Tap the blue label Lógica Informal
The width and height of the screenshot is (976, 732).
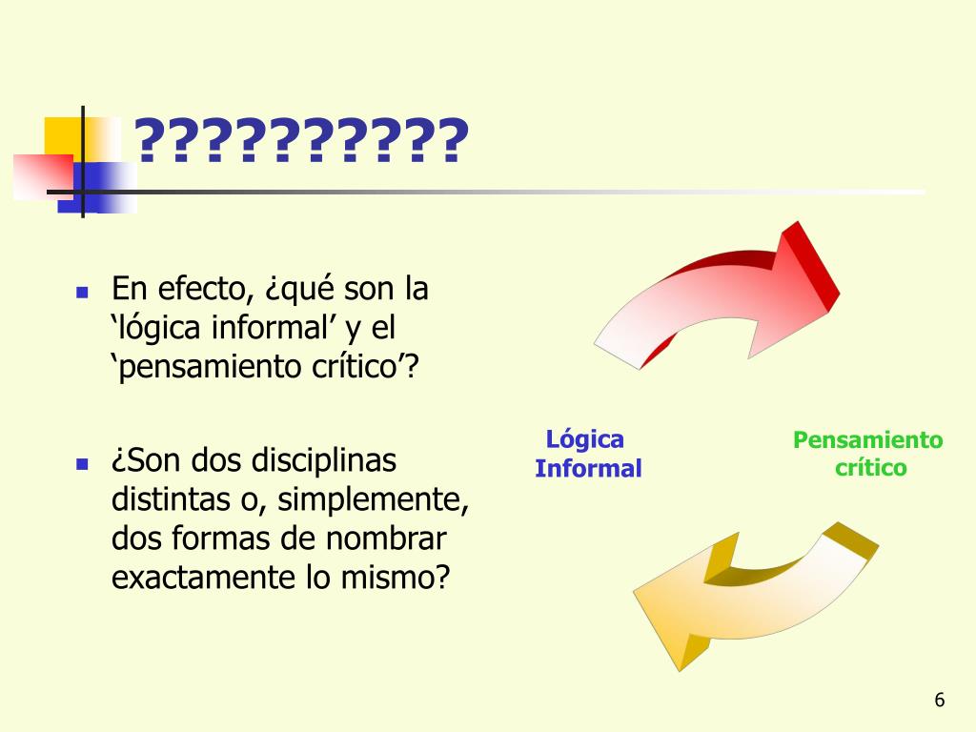tap(587, 454)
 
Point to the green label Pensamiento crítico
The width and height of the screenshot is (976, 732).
tap(868, 454)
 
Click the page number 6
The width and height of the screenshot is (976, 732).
tap(939, 701)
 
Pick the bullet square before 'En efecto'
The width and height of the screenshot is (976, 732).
tap(82, 291)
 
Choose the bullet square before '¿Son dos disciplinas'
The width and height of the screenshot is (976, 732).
tap(82, 464)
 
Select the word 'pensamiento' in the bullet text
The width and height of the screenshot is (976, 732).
tap(204, 367)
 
